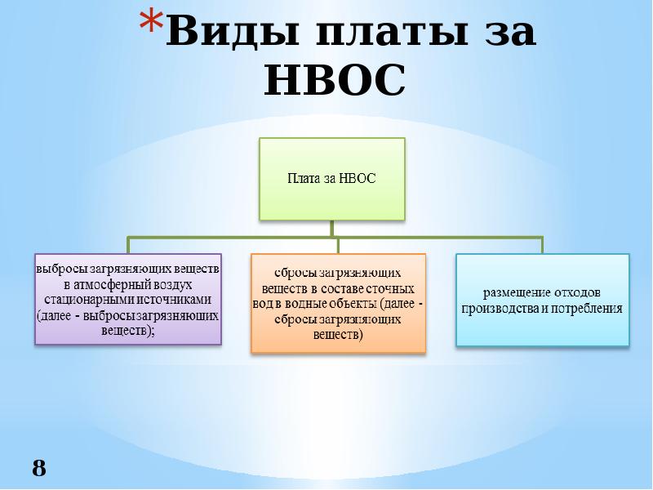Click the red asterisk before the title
pyautogui.click(x=151, y=23)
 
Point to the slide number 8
pyautogui.click(x=39, y=468)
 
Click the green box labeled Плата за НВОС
pyautogui.click(x=332, y=179)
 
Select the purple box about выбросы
pyautogui.click(x=128, y=299)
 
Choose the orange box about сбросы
pyautogui.click(x=338, y=303)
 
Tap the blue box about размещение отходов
pyautogui.click(x=542, y=300)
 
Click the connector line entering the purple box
pyautogui.click(x=128, y=245)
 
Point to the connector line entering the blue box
pyautogui.click(x=542, y=245)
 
